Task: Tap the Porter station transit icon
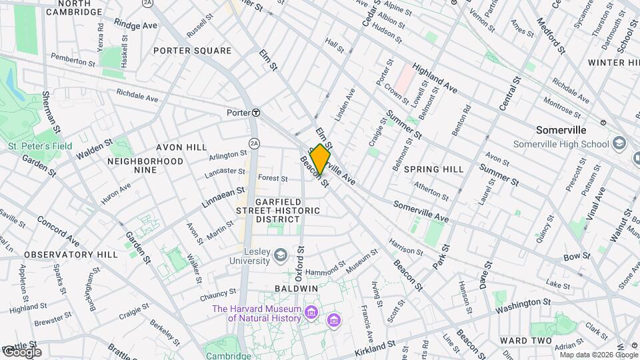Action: [x=255, y=113]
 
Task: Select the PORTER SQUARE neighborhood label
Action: [x=192, y=51]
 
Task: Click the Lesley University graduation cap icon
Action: [x=281, y=254]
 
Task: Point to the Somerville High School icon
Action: [x=619, y=144]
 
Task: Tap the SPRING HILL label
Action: [x=433, y=169]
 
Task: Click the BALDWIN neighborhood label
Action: [x=297, y=288]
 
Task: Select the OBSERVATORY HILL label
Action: [x=61, y=255]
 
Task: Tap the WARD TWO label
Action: [x=525, y=341]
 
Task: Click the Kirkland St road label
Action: [x=375, y=348]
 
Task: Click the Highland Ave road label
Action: [x=435, y=77]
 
